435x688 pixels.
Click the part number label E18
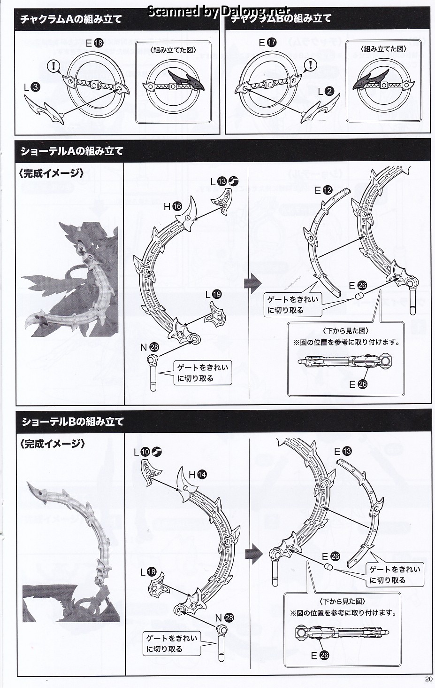point(94,43)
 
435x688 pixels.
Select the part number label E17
point(267,42)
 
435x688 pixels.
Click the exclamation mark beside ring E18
point(54,66)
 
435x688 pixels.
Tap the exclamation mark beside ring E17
point(311,65)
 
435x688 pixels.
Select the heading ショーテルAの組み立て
point(72,151)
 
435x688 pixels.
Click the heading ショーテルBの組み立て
point(72,422)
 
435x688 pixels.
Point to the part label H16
point(173,207)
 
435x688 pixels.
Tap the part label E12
point(324,190)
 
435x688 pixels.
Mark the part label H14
point(198,475)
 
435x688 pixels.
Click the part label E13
point(343,451)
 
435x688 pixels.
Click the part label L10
point(148,452)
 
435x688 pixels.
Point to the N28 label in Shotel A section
point(150,347)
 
